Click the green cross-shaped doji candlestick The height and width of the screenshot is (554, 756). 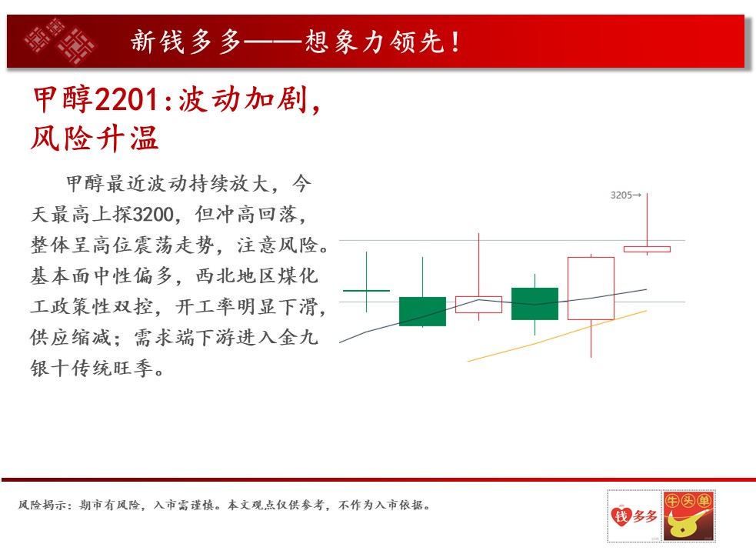pos(366,291)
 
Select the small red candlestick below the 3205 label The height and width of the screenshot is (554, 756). pos(647,249)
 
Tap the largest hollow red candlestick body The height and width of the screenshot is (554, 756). pos(591,288)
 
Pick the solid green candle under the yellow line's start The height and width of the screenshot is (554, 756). pos(535,303)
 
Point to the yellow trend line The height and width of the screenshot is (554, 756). pos(557,336)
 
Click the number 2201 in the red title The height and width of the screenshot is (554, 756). pos(126,99)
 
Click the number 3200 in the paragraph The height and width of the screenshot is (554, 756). pos(153,214)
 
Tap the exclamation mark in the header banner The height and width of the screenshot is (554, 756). pos(455,42)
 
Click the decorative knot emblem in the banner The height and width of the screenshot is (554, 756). pos(60,41)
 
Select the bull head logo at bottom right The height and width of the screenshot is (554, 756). pos(688,516)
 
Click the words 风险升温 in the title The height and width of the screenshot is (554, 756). pos(95,138)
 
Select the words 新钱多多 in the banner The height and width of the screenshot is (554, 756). pos(185,42)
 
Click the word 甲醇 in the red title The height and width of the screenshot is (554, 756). pos(62,99)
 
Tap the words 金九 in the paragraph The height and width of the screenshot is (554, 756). pos(298,337)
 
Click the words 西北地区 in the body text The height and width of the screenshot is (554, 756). pos(236,276)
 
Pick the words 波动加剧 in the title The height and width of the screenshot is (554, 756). pos(243,99)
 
